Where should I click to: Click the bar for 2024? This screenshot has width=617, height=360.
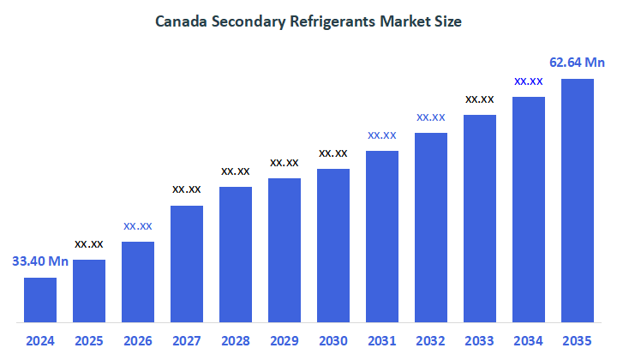[39, 300]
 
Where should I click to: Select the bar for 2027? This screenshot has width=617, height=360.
[186, 264]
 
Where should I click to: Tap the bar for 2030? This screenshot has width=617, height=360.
[333, 246]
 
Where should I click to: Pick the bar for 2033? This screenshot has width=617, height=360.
[480, 219]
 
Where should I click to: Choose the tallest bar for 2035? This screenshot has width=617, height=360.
[578, 201]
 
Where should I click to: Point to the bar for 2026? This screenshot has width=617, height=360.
[138, 282]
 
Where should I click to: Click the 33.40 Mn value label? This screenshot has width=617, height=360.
[39, 261]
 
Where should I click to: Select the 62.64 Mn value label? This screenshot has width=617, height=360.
[578, 62]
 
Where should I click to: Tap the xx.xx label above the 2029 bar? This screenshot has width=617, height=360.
[285, 162]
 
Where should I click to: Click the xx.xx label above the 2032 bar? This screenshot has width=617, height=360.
[431, 117]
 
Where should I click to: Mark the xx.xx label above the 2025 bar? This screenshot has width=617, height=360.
[89, 243]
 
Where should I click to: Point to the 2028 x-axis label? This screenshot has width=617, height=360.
[236, 340]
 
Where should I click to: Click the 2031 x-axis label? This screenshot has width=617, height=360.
[382, 340]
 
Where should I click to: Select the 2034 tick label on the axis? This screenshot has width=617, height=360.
[529, 340]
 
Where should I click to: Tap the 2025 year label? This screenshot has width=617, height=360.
[89, 340]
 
